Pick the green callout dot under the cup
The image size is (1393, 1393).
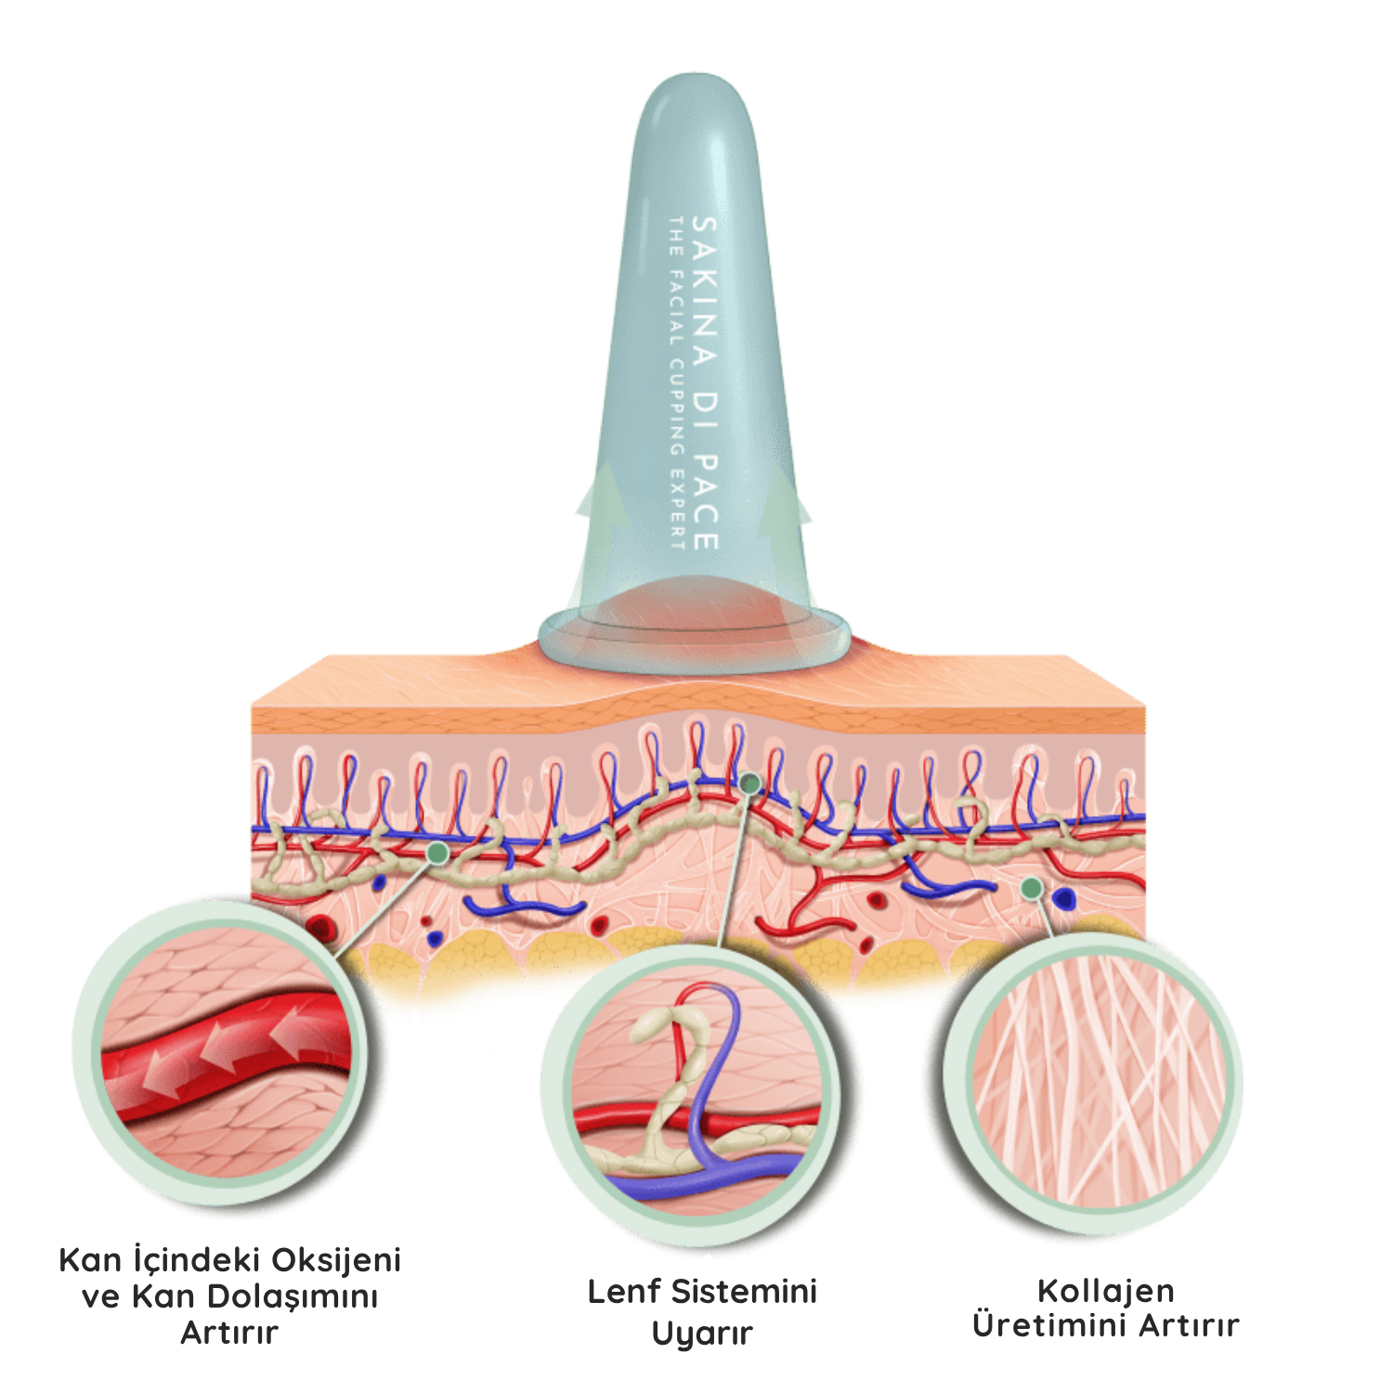click(x=749, y=784)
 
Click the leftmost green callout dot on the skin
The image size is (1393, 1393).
click(x=438, y=851)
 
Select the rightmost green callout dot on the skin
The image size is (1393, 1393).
click(x=1030, y=888)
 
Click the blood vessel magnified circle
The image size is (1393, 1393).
click(x=228, y=1045)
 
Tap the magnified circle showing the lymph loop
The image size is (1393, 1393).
click(x=698, y=1091)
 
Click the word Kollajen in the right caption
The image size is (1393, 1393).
click(x=1105, y=1290)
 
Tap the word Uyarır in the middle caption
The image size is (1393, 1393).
click(x=701, y=1334)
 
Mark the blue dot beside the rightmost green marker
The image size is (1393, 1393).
click(x=1064, y=898)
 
